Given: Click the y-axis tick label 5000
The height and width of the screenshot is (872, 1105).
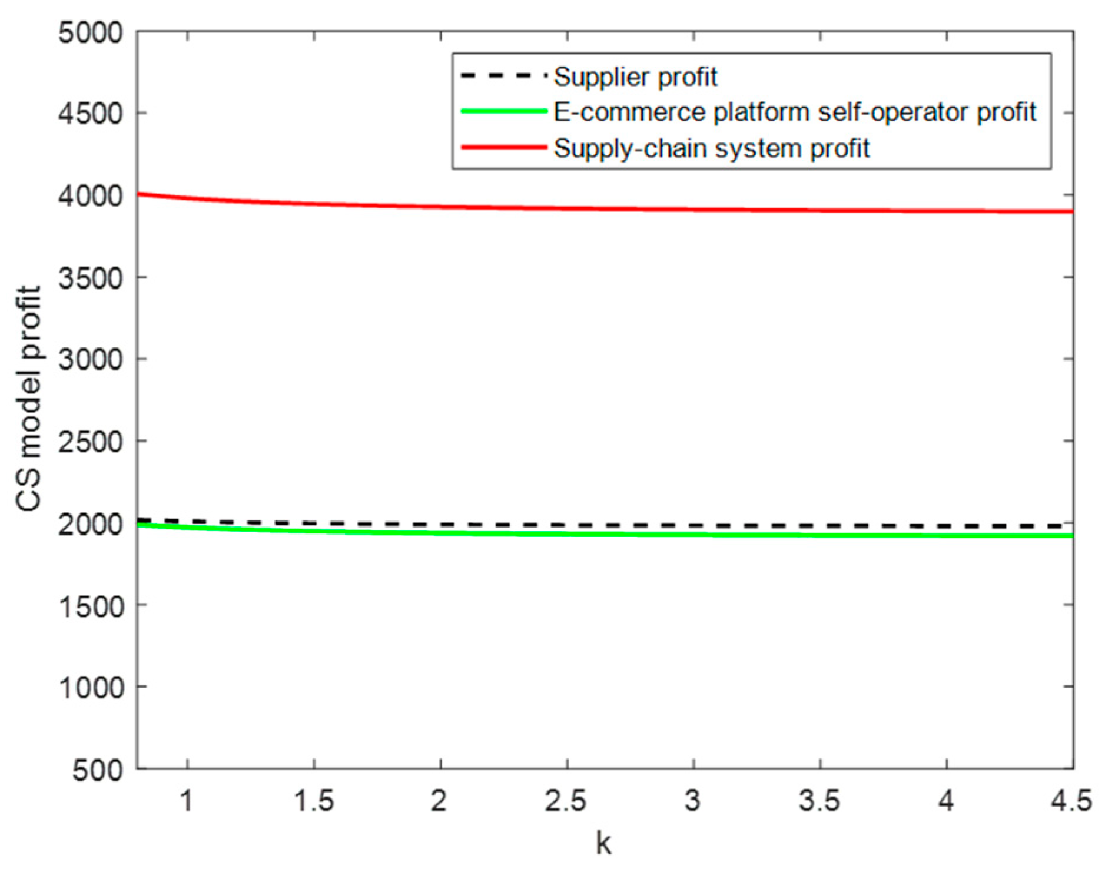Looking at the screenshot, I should tap(91, 32).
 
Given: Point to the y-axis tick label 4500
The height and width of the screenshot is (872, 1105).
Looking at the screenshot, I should tap(91, 114).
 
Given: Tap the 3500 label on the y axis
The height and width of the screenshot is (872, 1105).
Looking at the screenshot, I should tap(91, 277).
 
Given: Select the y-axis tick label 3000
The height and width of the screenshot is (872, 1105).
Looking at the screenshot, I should tap(91, 359).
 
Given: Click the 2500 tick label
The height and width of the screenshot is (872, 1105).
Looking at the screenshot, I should tap(91, 441).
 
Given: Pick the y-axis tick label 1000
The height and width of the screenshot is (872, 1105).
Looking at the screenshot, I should tap(92, 687).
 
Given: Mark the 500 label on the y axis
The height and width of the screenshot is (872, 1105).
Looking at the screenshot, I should tap(98, 770).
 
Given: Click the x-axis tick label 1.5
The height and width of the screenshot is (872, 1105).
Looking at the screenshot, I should tap(314, 801).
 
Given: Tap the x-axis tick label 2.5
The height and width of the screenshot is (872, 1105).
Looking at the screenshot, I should tap(566, 801).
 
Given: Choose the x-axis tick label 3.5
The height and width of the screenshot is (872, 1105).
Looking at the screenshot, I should tap(819, 801).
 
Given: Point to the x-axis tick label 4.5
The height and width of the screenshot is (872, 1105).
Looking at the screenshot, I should tap(1071, 801).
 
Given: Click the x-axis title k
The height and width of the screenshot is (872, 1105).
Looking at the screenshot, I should tap(603, 843).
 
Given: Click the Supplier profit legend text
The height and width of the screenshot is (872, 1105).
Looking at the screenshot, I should tap(635, 77).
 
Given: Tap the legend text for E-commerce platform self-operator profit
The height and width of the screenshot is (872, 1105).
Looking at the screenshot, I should tap(795, 112).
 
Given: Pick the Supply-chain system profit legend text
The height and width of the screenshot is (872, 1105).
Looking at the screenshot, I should tap(711, 148).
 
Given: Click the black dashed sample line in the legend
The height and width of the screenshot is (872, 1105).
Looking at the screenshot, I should tap(503, 76).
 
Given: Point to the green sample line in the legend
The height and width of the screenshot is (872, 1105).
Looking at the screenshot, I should tap(503, 111).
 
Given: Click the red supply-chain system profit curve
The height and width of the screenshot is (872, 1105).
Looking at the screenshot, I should tap(589, 208).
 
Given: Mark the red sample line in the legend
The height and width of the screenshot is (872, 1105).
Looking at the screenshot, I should tap(503, 147).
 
